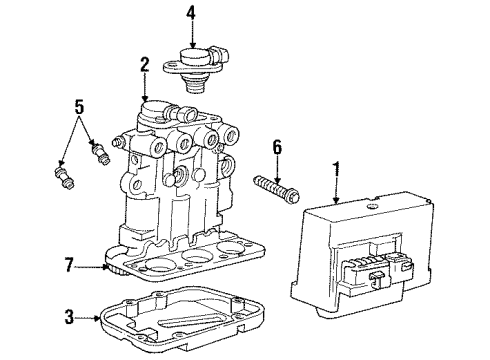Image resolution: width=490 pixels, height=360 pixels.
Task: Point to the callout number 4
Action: coord(192,14)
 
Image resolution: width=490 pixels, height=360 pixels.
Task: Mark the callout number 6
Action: coord(278,149)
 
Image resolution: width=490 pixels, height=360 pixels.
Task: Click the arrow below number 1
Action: coord(336,190)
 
